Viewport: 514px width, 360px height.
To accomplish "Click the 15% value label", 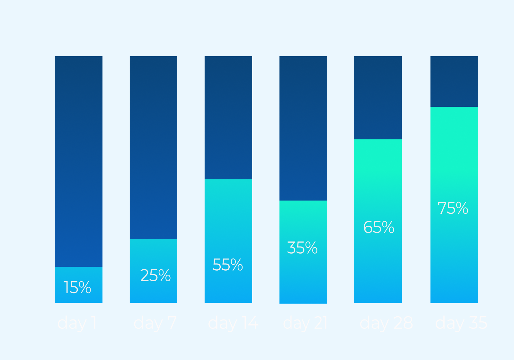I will tap(77, 287).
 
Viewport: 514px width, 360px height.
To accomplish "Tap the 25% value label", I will tap(155, 275).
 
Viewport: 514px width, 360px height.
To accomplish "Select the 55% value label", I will tap(228, 265).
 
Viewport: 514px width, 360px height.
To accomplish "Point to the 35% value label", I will tap(302, 248).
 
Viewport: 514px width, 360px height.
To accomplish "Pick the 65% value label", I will tap(379, 227).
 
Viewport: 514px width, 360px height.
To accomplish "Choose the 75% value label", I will tap(453, 208).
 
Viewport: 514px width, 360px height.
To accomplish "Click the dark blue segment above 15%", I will tap(79, 161).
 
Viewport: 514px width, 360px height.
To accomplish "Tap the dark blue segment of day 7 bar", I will tap(154, 147).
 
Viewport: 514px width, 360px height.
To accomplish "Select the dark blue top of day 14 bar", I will tap(228, 117).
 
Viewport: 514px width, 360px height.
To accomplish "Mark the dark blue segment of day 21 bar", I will tap(303, 128).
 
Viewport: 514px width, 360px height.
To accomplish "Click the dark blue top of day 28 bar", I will tap(378, 97).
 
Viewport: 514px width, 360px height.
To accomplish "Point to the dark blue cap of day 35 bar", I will tap(454, 81).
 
